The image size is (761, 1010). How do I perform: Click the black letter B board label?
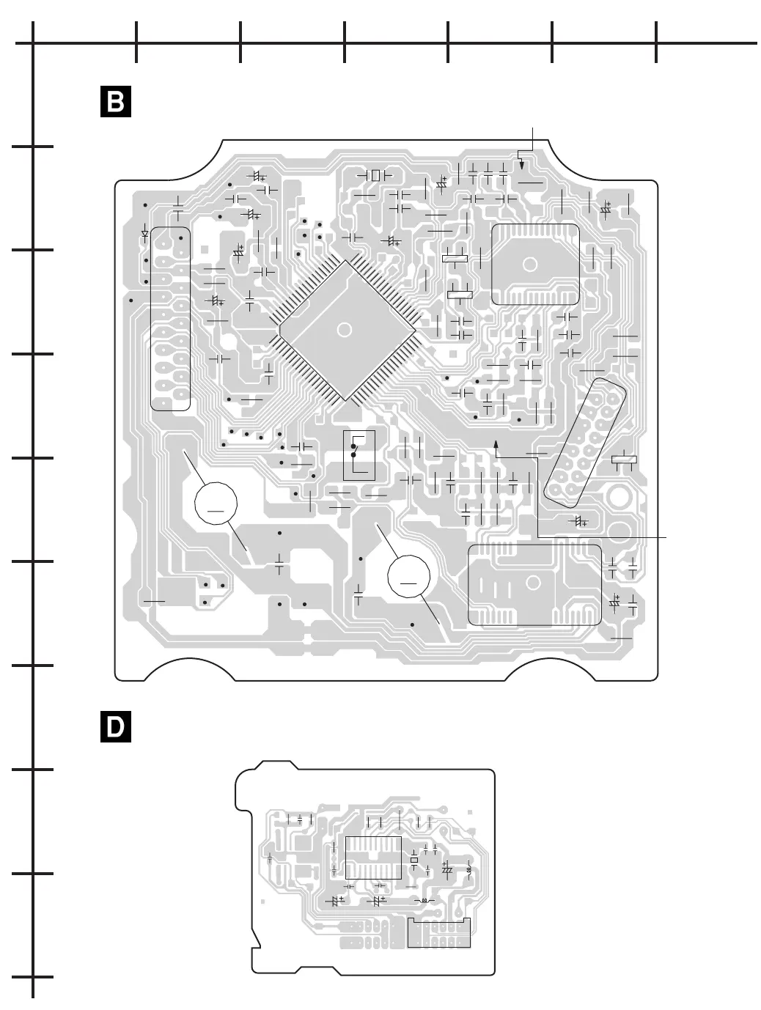pos(115,103)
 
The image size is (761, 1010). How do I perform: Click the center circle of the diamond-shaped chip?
pos(342,329)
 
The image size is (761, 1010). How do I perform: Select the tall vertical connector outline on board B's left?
pos(170,319)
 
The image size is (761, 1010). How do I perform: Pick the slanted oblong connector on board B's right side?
pos(587,444)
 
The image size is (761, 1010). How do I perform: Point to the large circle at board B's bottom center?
pos(408,577)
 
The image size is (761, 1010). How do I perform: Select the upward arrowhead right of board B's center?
pos(496,443)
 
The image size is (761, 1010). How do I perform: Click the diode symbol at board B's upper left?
pos(144,235)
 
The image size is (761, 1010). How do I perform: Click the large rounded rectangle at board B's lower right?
pos(534,585)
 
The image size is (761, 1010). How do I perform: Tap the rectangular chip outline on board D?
pos(374,857)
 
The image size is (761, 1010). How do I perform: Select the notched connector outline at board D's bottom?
pos(438,935)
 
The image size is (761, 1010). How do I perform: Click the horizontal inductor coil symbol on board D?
pos(422,900)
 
